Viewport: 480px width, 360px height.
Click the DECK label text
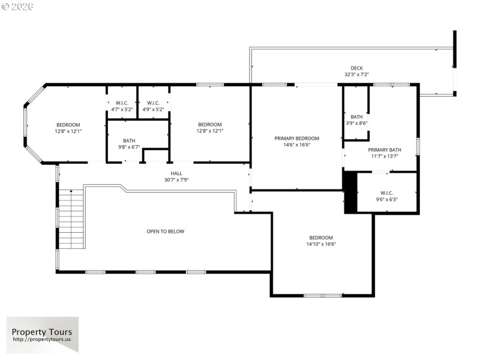coord(356,68)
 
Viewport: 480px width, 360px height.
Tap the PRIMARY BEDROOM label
coord(297,138)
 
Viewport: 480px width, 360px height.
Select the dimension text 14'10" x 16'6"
coord(321,244)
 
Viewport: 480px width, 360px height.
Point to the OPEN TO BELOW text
coord(166,231)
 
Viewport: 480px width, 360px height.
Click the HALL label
coord(176,173)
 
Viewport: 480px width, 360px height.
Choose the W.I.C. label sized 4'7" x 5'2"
coord(122,103)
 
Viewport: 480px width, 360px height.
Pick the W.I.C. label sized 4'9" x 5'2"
coord(153,103)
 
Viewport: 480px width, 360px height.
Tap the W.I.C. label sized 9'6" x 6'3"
coord(386,193)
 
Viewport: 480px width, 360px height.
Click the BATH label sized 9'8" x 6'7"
coord(129,140)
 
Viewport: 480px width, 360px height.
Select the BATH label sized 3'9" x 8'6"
coord(356,116)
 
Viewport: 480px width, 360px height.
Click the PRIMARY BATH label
coord(385,150)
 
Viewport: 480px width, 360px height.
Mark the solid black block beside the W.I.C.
coord(350,192)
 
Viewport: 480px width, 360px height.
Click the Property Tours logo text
coord(42,332)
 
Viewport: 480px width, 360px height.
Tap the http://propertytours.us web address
coord(42,340)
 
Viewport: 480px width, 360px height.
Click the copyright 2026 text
coord(18,6)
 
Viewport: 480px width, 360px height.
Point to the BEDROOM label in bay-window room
coord(68,124)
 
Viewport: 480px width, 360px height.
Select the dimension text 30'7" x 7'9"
coord(176,180)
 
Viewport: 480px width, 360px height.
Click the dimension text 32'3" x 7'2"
coord(356,74)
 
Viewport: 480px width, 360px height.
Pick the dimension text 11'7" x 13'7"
coord(385,156)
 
